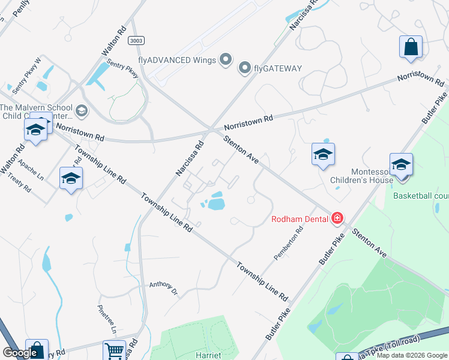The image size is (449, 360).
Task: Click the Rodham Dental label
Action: click(x=300, y=219)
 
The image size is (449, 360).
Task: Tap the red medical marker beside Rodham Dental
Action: click(x=338, y=218)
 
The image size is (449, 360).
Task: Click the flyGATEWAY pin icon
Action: click(x=244, y=68)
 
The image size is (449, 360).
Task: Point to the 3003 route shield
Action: click(x=136, y=40)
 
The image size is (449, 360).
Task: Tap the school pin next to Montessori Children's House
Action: click(x=401, y=165)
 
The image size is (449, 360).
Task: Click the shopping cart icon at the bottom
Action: click(x=114, y=351)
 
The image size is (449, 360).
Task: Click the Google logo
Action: click(x=20, y=353)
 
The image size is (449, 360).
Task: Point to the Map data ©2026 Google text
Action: click(x=412, y=355)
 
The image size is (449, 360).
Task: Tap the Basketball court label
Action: click(x=420, y=196)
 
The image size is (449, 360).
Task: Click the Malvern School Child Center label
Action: click(x=36, y=112)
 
